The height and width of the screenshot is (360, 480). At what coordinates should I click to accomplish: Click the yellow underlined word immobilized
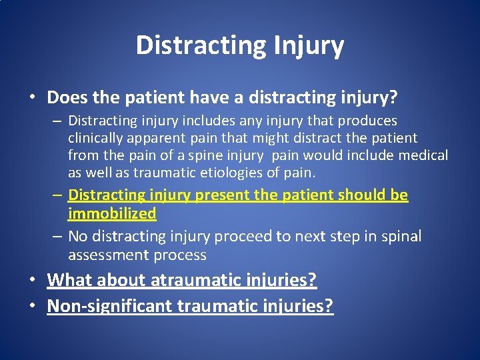click(x=112, y=213)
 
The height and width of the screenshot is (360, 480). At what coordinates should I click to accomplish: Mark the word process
click(x=181, y=255)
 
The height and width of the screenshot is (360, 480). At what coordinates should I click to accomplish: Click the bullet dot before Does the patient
click(x=33, y=99)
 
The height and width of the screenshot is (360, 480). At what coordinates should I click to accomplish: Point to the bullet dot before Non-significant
click(x=33, y=307)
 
